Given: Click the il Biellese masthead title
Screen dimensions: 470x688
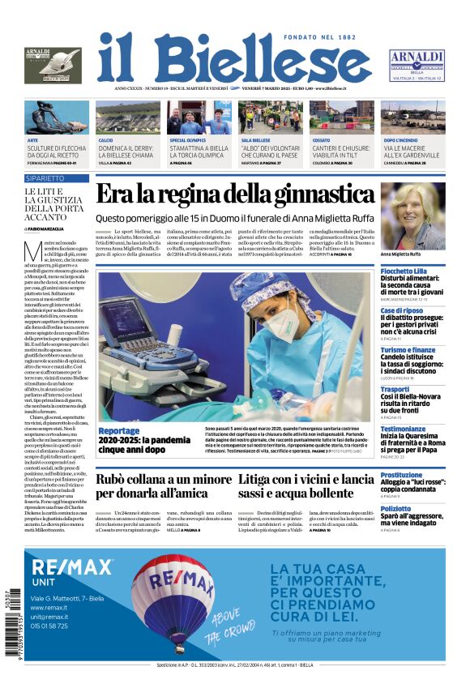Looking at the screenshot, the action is coord(234,58).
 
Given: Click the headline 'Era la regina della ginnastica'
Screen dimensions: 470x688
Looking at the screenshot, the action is coord(235,194).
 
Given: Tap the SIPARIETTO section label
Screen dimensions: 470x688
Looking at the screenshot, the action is coord(45,177).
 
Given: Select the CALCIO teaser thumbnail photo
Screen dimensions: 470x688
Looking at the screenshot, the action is coord(128,118).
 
